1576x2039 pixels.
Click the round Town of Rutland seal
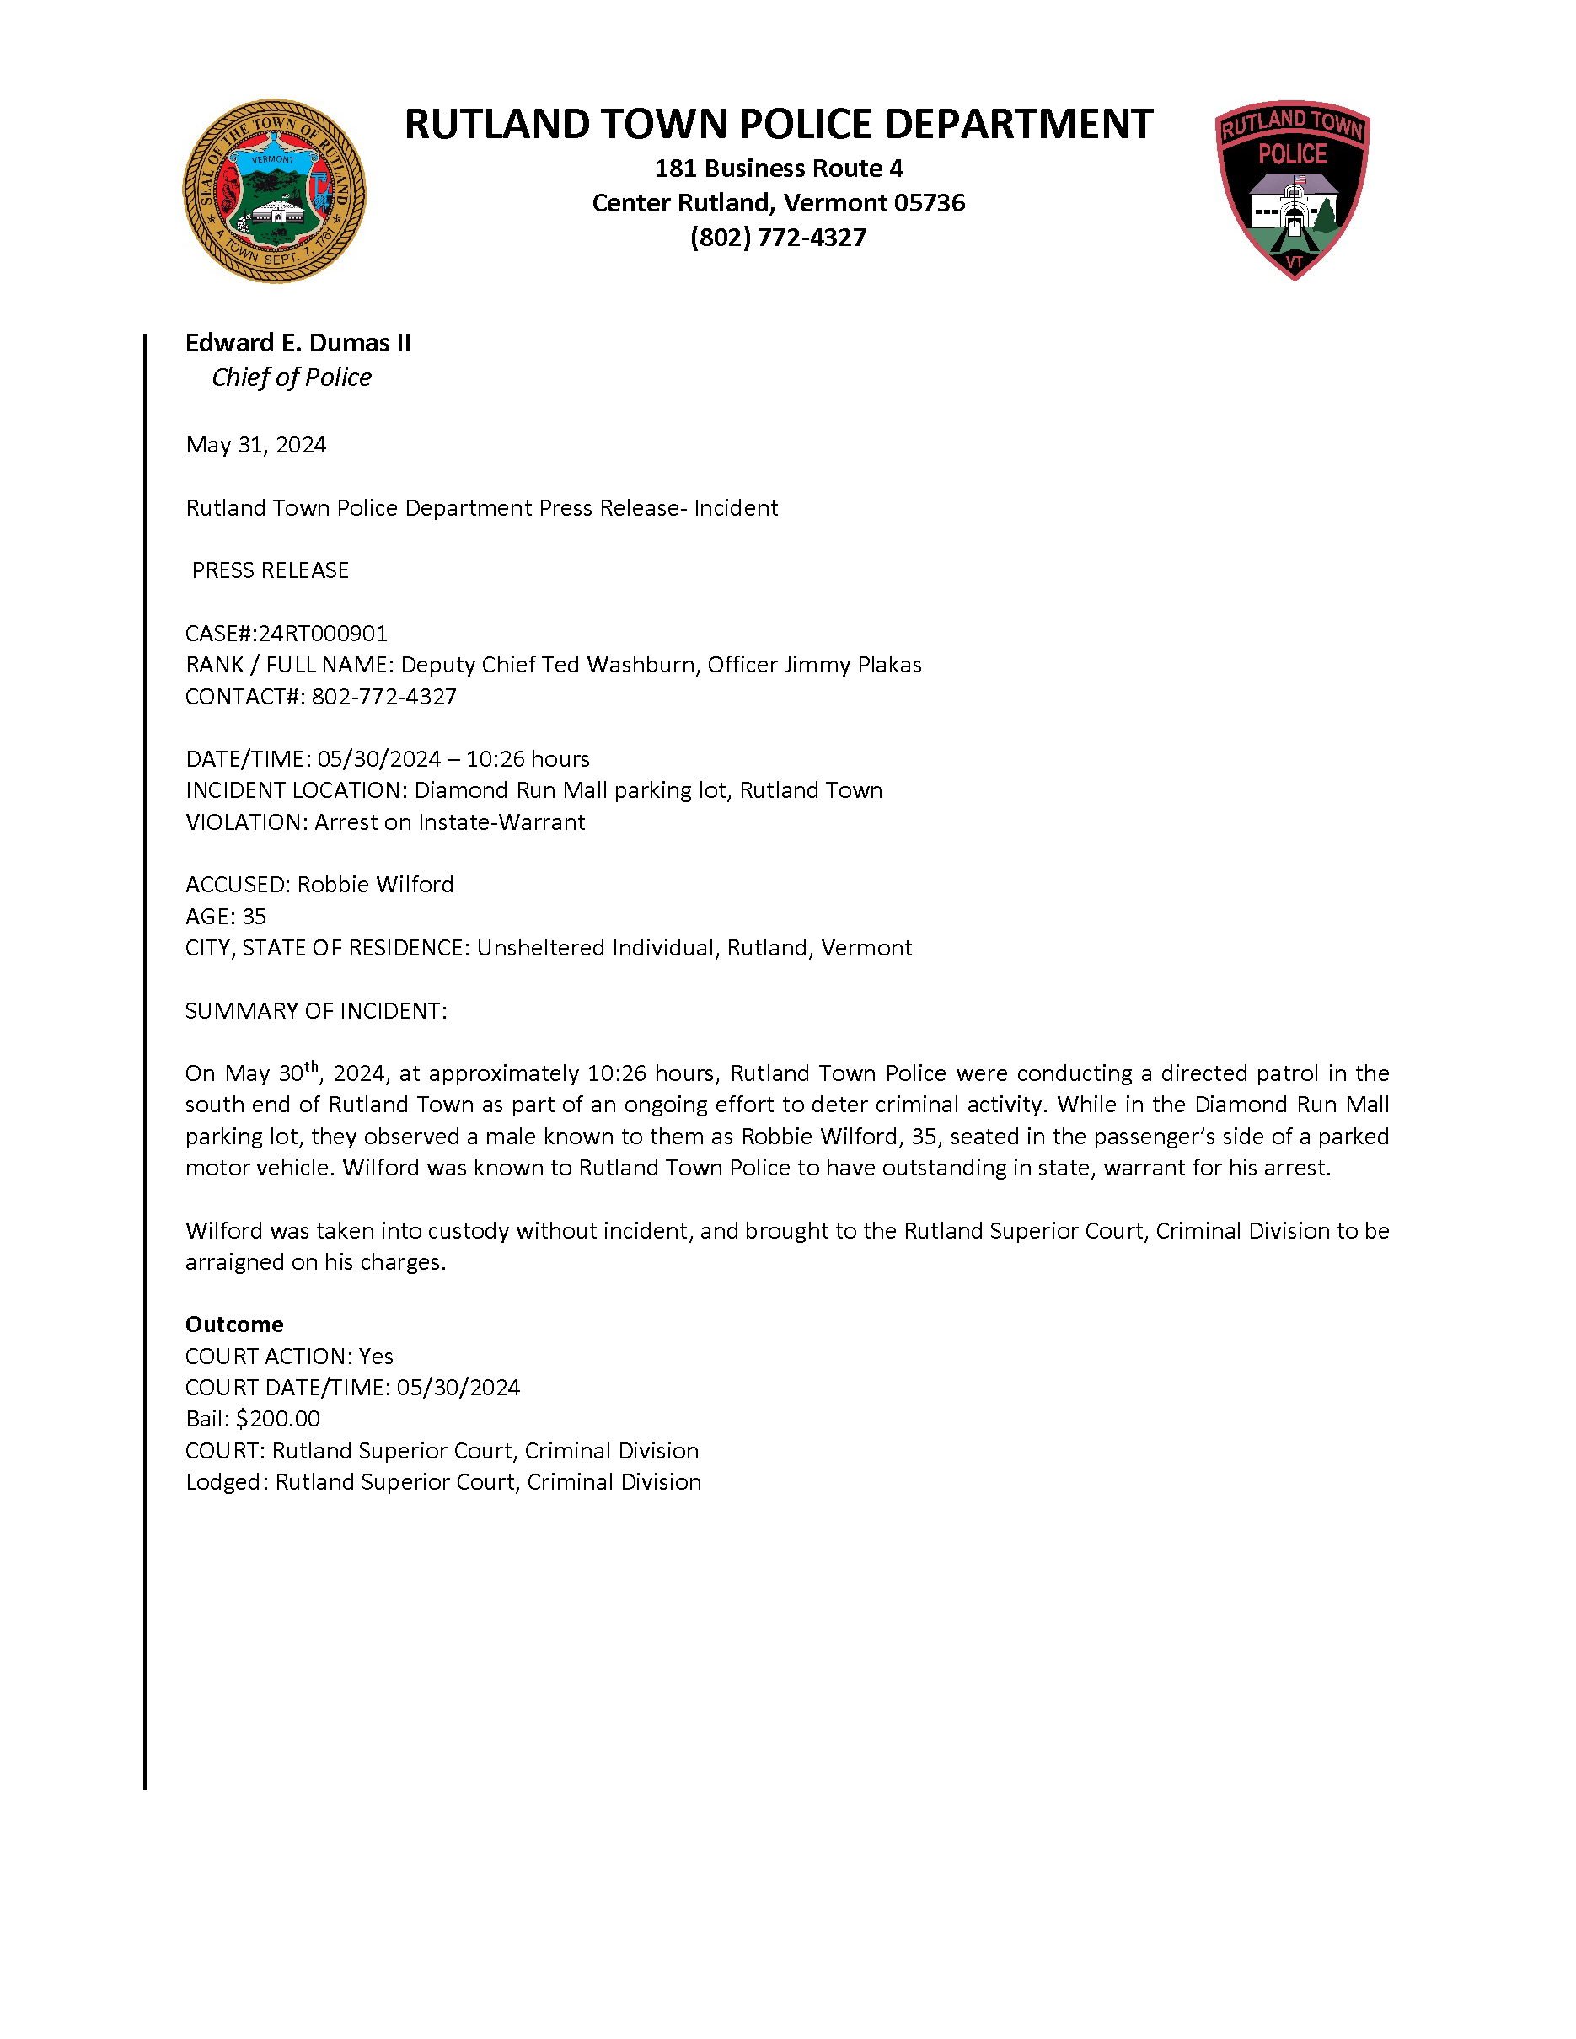pos(275,191)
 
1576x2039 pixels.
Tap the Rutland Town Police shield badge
pos(1292,190)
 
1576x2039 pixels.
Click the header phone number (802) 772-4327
pos(778,238)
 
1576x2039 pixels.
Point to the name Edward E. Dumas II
pos(298,344)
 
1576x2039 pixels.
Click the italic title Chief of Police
pos(292,377)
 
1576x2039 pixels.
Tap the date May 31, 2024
pos(256,446)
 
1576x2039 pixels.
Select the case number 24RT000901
pos(323,634)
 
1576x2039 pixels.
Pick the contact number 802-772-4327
pos(383,697)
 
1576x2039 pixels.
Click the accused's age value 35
pos(254,917)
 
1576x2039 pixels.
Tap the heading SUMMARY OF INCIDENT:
pos(315,1011)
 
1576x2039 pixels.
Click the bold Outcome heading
pos(234,1325)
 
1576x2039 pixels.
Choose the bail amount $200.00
pos(278,1419)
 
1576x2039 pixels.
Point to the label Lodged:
pos(227,1483)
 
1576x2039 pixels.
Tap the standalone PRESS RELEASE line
pos(270,570)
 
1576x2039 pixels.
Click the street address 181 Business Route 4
pos(779,169)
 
